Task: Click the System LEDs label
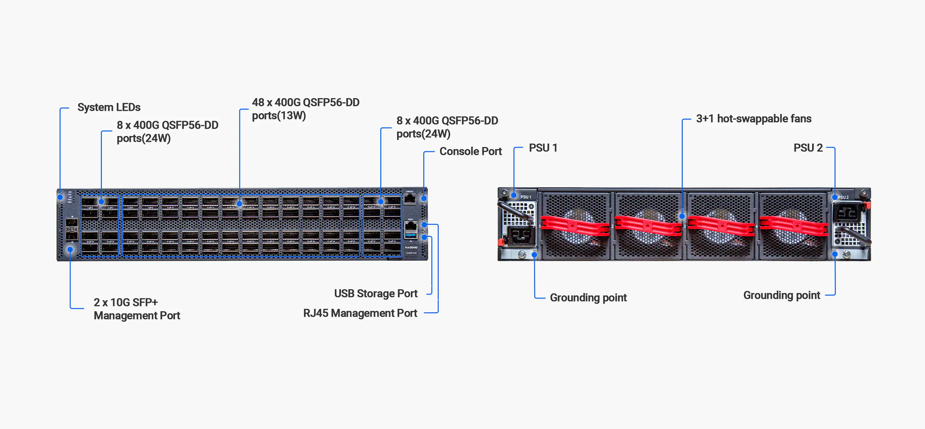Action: click(x=109, y=107)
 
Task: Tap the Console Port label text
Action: click(x=470, y=151)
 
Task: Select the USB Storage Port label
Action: click(x=375, y=294)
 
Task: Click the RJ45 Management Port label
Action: click(x=360, y=313)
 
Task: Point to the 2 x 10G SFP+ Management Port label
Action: click(x=137, y=308)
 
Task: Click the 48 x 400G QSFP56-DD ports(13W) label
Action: click(x=305, y=109)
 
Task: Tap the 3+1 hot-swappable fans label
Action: click(x=753, y=118)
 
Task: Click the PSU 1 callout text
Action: click(x=543, y=148)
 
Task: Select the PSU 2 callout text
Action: click(x=808, y=148)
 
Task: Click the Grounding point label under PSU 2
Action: click(x=782, y=295)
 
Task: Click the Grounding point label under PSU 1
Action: click(x=588, y=297)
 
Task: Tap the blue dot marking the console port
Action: click(x=424, y=198)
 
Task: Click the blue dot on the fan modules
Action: click(x=682, y=216)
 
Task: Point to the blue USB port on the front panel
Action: click(x=411, y=236)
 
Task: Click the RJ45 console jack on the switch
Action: click(x=410, y=199)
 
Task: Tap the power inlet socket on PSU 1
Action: click(x=520, y=236)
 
